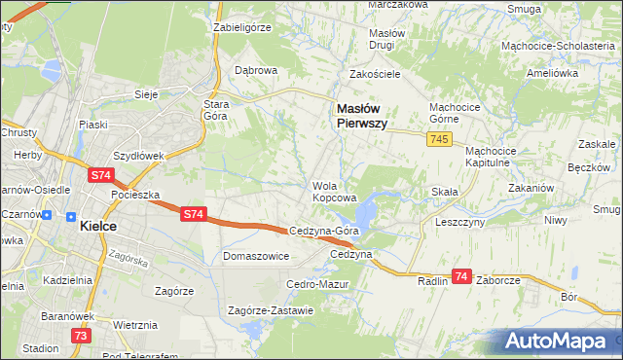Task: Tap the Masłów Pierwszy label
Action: click(x=361, y=117)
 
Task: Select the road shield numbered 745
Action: click(x=438, y=141)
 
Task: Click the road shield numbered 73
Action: click(x=82, y=335)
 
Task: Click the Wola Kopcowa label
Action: click(x=332, y=192)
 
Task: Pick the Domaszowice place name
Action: click(x=256, y=256)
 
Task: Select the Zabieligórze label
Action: click(x=241, y=27)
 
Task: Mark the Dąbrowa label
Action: click(x=257, y=70)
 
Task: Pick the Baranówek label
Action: click(x=66, y=316)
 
